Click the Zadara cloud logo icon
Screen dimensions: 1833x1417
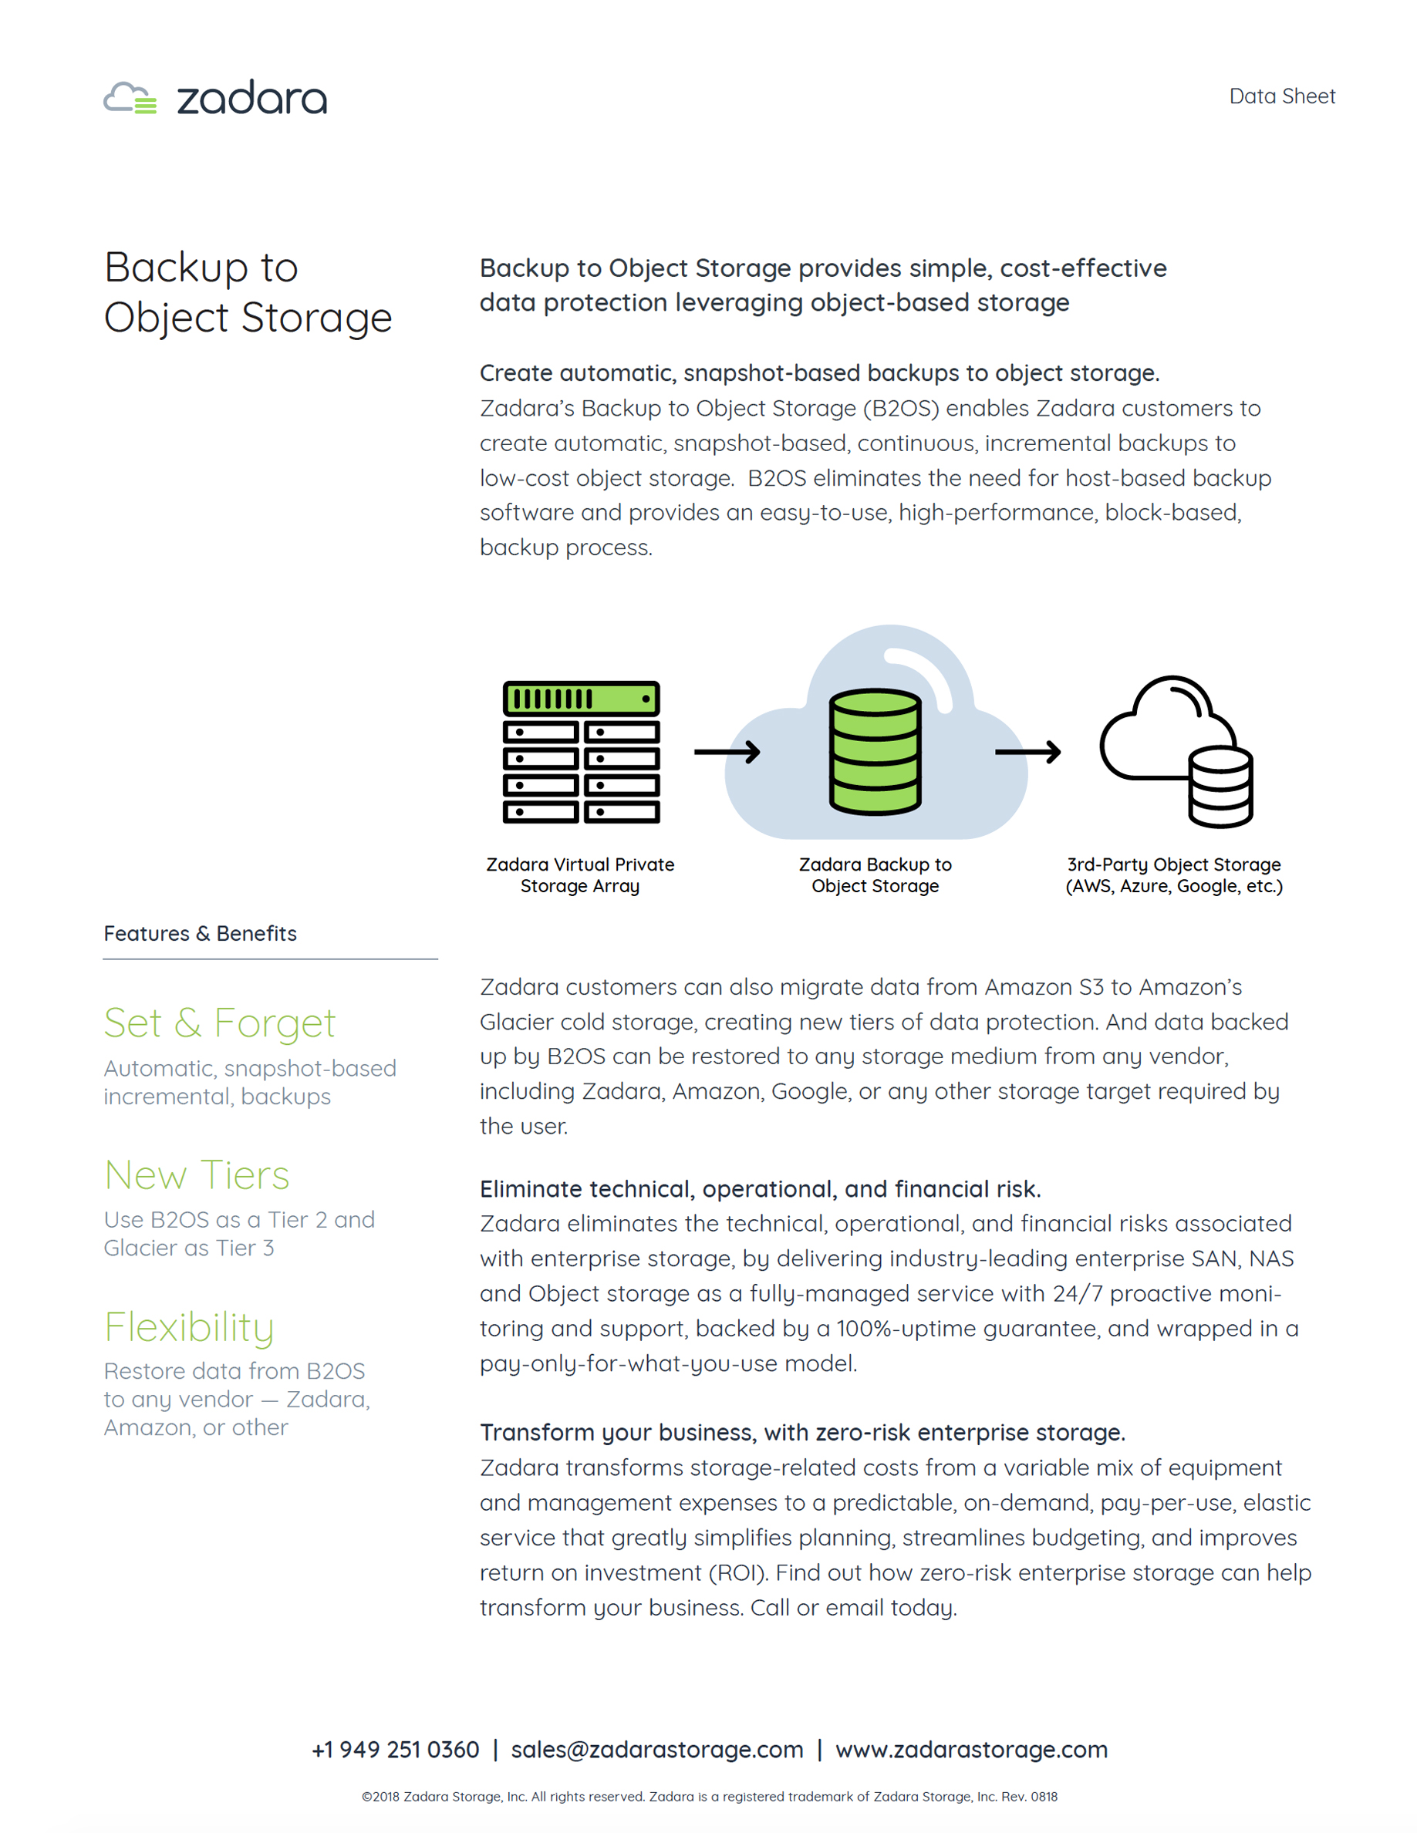pos(130,98)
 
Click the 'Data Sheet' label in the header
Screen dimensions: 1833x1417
pos(1281,96)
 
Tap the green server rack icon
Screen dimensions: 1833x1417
pos(581,751)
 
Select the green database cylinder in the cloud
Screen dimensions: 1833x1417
pos(875,751)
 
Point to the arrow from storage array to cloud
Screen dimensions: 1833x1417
pos(726,752)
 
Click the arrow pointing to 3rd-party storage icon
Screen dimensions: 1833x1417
pos(1027,752)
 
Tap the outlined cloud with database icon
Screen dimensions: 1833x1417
pos(1177,751)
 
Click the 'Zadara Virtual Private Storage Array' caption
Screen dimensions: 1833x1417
pos(580,875)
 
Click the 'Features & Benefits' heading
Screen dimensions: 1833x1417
pos(200,933)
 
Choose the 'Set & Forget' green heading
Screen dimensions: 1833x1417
pos(219,1023)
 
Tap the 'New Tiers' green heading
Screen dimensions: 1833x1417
pos(197,1175)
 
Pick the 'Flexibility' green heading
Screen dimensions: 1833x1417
pos(189,1328)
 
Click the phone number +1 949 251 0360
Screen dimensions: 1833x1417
pos(396,1750)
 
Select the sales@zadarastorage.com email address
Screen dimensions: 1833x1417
pos(656,1750)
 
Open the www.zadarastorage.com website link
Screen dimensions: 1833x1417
pos(971,1750)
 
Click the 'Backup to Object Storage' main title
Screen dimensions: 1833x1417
pos(248,292)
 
